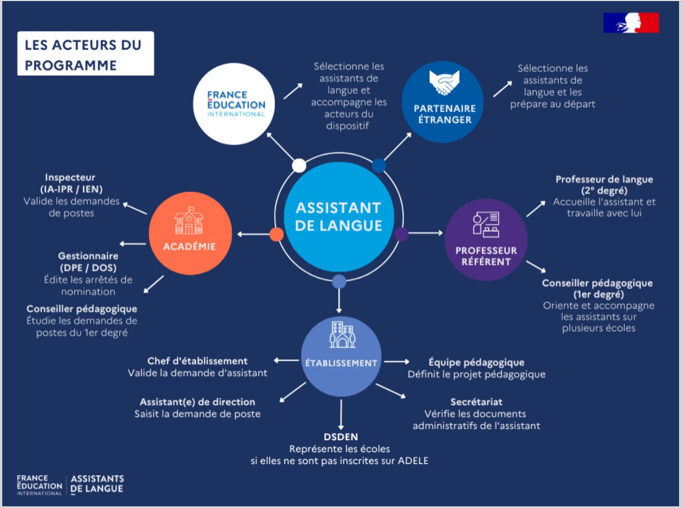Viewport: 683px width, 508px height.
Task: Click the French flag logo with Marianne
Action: click(631, 23)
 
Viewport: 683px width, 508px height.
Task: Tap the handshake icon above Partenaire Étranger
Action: click(444, 84)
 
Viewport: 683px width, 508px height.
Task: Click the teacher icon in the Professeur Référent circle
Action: click(485, 224)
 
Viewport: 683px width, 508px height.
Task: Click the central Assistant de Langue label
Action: click(338, 216)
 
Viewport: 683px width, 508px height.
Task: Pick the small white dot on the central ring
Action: click(299, 166)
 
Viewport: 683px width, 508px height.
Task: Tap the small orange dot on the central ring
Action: click(276, 234)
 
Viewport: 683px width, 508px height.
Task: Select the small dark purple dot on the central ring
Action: click(402, 234)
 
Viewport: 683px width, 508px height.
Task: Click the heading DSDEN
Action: click(341, 437)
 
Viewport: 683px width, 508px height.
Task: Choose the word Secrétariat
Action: click(476, 402)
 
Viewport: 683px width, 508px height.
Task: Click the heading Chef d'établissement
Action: click(197, 361)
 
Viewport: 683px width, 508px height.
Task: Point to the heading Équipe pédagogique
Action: click(476, 362)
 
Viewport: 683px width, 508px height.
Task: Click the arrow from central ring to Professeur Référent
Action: click(425, 233)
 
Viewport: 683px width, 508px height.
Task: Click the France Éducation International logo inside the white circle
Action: click(236, 104)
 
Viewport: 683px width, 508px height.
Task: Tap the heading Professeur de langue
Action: click(604, 179)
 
